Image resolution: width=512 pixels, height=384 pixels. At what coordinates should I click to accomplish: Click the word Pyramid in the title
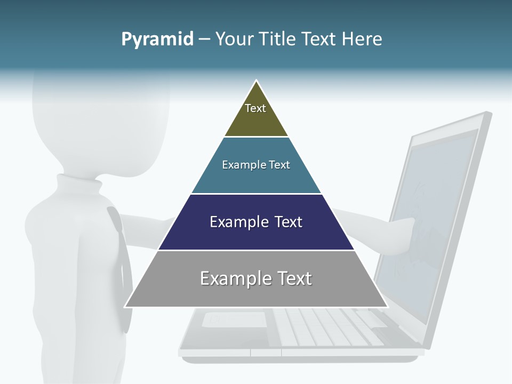(x=157, y=39)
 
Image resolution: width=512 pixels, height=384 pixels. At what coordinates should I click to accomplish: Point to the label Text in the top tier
(x=255, y=108)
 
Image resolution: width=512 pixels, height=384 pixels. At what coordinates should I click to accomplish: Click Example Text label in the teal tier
(x=256, y=165)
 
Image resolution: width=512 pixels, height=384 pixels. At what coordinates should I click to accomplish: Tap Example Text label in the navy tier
(x=256, y=222)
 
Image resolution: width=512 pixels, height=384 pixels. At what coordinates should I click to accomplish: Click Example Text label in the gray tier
(x=256, y=278)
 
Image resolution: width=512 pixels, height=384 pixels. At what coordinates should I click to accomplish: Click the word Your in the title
(x=235, y=39)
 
